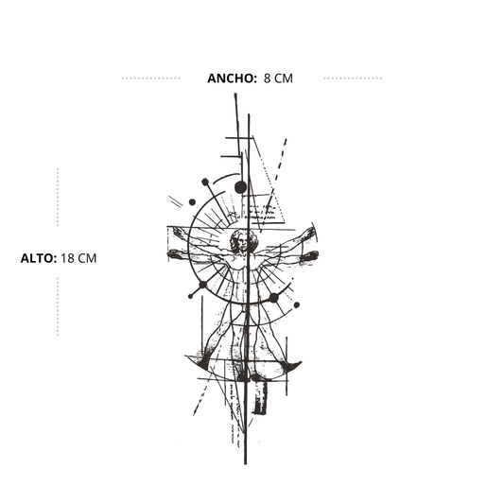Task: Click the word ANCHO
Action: click(232, 78)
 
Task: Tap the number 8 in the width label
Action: click(267, 78)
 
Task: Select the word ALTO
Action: click(38, 258)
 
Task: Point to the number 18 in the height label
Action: click(68, 258)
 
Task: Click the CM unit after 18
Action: click(87, 258)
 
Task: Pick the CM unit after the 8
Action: click(284, 78)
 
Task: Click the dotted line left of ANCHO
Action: click(151, 78)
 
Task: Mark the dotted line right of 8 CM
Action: click(353, 78)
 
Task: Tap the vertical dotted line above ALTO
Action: click(58, 197)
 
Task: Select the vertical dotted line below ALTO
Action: click(58, 306)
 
